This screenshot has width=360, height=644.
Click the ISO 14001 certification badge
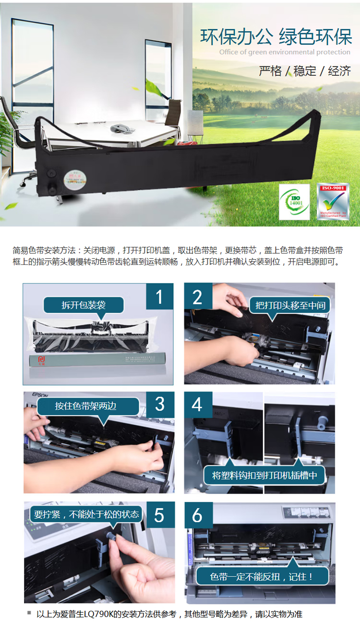click(x=295, y=202)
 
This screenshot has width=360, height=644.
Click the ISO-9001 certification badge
click(x=333, y=202)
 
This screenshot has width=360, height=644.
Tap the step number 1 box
click(x=159, y=297)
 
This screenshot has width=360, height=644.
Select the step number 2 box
click(x=198, y=297)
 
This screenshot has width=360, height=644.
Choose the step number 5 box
click(x=159, y=515)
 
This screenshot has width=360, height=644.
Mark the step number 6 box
click(x=197, y=515)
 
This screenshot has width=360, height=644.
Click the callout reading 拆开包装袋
click(x=84, y=305)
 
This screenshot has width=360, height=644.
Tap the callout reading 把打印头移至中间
click(x=291, y=305)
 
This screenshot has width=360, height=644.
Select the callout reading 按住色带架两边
click(x=86, y=406)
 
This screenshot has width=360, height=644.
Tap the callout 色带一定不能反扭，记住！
click(x=262, y=576)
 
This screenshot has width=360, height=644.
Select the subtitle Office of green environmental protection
click(x=285, y=52)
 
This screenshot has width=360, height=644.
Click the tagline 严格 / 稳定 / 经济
click(x=305, y=72)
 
